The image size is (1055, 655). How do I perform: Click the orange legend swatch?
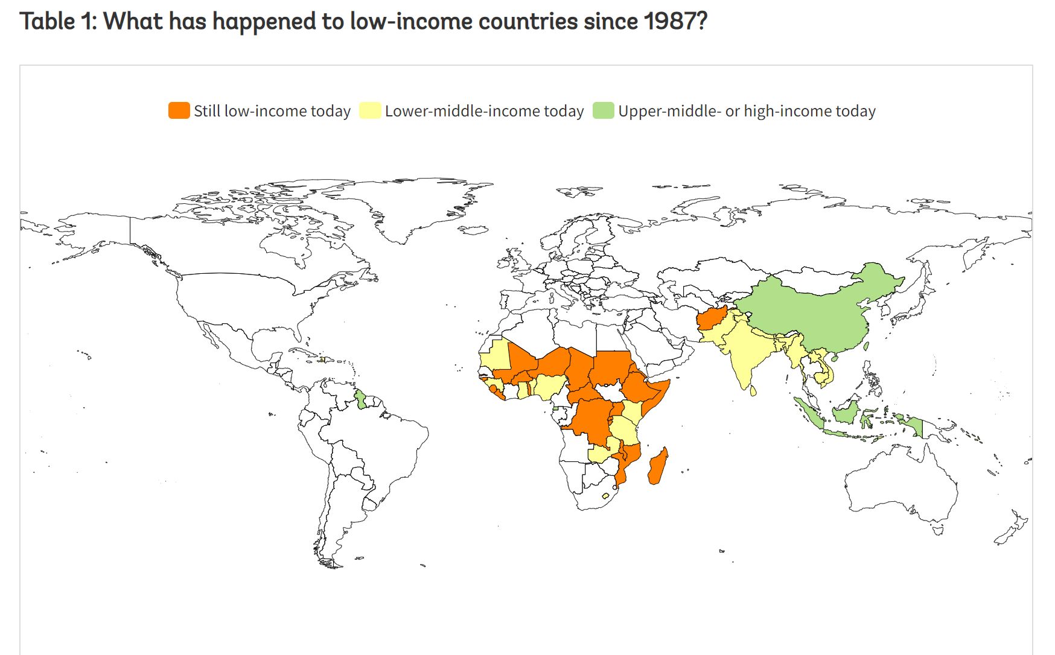(x=179, y=111)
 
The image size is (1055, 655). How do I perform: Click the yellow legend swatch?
(x=370, y=111)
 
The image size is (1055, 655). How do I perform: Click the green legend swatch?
(x=603, y=111)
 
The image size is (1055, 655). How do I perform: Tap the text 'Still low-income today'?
(x=272, y=111)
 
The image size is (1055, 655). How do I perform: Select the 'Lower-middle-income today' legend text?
(x=484, y=111)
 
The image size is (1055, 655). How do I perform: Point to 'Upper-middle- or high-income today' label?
(x=747, y=111)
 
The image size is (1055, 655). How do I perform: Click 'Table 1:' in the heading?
(x=58, y=22)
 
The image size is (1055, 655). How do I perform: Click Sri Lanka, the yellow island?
(x=753, y=391)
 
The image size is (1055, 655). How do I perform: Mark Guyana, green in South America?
(x=360, y=399)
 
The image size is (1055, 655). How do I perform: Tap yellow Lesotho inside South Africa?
(x=605, y=496)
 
